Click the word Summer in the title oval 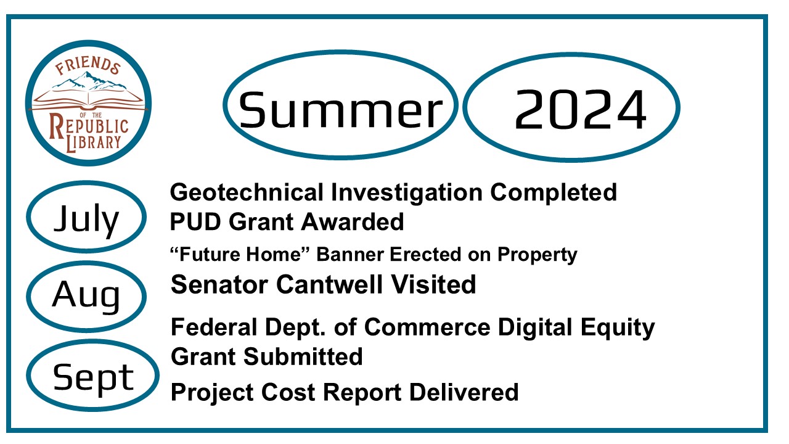(341, 110)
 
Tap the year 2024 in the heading (581, 110)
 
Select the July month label (86, 219)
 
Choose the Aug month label (86, 296)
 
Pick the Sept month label (93, 379)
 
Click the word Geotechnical (247, 192)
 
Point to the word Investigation (407, 194)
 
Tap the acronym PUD (197, 221)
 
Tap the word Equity (618, 328)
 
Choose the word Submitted (303, 356)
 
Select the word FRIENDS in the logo (88, 66)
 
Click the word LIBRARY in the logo (94, 142)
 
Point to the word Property (538, 255)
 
